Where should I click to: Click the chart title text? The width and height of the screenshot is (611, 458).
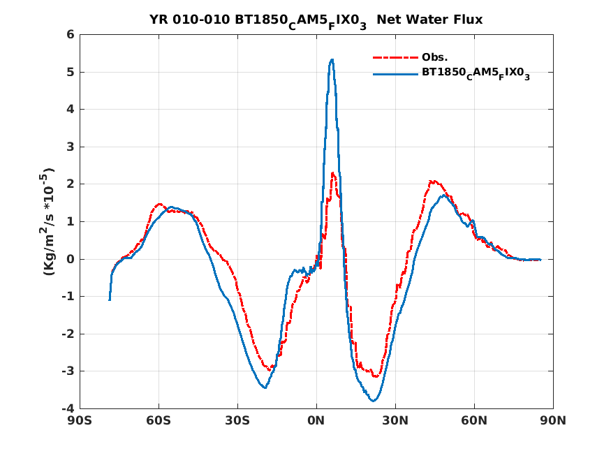tap(316, 20)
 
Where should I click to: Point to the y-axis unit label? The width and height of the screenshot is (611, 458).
tap(49, 221)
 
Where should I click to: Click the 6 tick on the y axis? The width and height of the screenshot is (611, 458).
tap(70, 34)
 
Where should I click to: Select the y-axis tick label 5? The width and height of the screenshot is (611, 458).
tap(70, 72)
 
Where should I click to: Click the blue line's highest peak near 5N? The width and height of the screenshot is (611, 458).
tap(332, 59)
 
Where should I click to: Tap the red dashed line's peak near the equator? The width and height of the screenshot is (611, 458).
tap(333, 172)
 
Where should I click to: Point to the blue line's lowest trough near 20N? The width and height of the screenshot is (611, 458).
tap(373, 401)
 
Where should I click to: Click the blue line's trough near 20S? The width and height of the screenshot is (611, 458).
tap(265, 387)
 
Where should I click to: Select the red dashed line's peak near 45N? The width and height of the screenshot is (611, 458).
tap(433, 181)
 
